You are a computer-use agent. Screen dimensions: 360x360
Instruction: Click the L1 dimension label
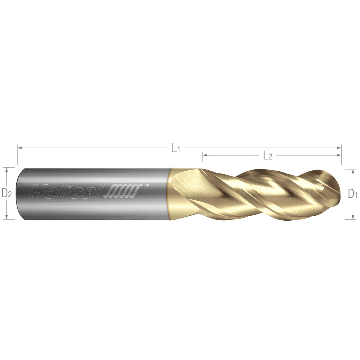coord(176,148)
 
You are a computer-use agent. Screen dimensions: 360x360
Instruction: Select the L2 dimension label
coord(267,156)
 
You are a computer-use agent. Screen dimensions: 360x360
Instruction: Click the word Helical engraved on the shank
coord(67,191)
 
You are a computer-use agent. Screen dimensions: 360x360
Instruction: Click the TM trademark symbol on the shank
coord(147,186)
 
